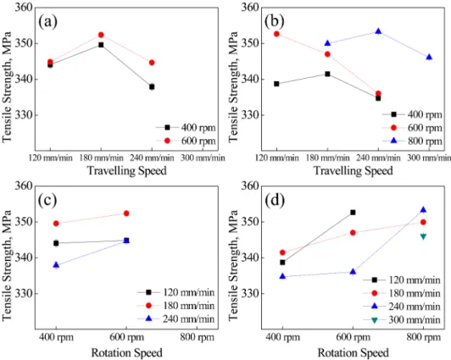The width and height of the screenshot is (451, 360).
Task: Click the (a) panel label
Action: tap(47, 21)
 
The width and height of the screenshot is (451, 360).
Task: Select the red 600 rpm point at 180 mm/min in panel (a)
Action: tap(101, 35)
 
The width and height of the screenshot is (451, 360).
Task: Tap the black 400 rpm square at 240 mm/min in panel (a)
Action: tap(152, 86)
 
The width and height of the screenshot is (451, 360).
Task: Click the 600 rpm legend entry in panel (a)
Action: tap(186, 141)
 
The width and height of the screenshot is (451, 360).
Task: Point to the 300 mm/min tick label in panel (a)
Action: tap(203, 158)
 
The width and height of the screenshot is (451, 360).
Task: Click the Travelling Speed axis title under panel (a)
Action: tap(127, 170)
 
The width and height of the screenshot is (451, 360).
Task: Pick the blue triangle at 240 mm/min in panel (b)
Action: tap(378, 31)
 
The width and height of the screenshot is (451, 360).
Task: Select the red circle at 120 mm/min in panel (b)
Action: tap(276, 34)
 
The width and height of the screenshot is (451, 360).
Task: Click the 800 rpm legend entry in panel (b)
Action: tap(412, 141)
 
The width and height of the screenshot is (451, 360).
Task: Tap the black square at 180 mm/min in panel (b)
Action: tap(327, 74)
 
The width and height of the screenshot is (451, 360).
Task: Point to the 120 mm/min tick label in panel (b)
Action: tap(277, 158)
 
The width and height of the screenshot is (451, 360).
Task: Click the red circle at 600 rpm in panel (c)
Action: tap(126, 213)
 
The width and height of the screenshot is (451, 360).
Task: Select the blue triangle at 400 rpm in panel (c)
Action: tap(56, 265)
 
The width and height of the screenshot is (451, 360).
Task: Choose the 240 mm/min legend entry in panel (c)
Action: tap(176, 318)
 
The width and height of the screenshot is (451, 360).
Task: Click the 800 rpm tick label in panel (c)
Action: tap(197, 337)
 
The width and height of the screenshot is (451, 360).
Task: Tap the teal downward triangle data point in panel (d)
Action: tap(423, 236)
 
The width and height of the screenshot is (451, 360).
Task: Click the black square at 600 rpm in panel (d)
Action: tap(353, 213)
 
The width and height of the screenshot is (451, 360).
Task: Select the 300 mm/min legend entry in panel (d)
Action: tap(402, 320)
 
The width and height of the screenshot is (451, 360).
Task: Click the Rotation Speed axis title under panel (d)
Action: tap(353, 353)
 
